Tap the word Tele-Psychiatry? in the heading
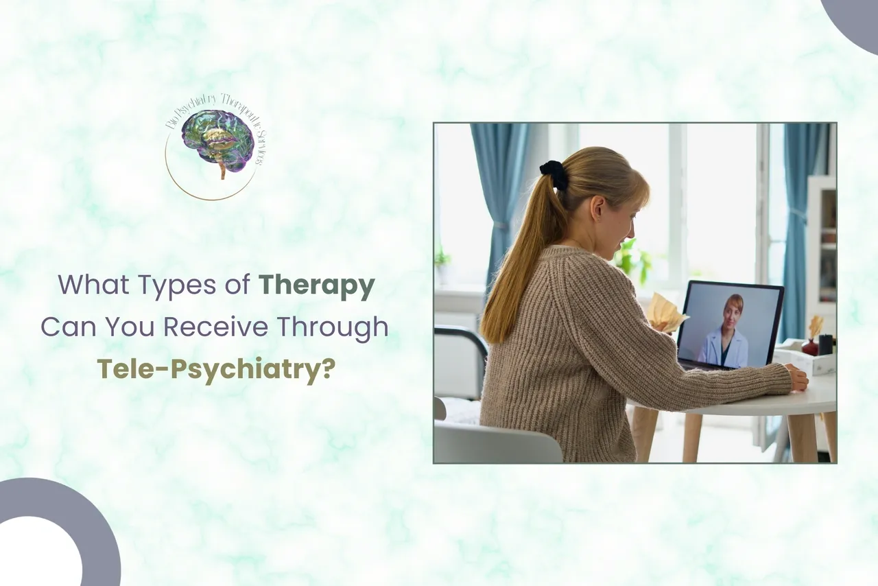(x=216, y=368)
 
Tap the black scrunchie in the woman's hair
(x=553, y=174)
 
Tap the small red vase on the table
(x=809, y=347)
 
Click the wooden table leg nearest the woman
(x=645, y=432)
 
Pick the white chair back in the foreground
(x=497, y=443)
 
